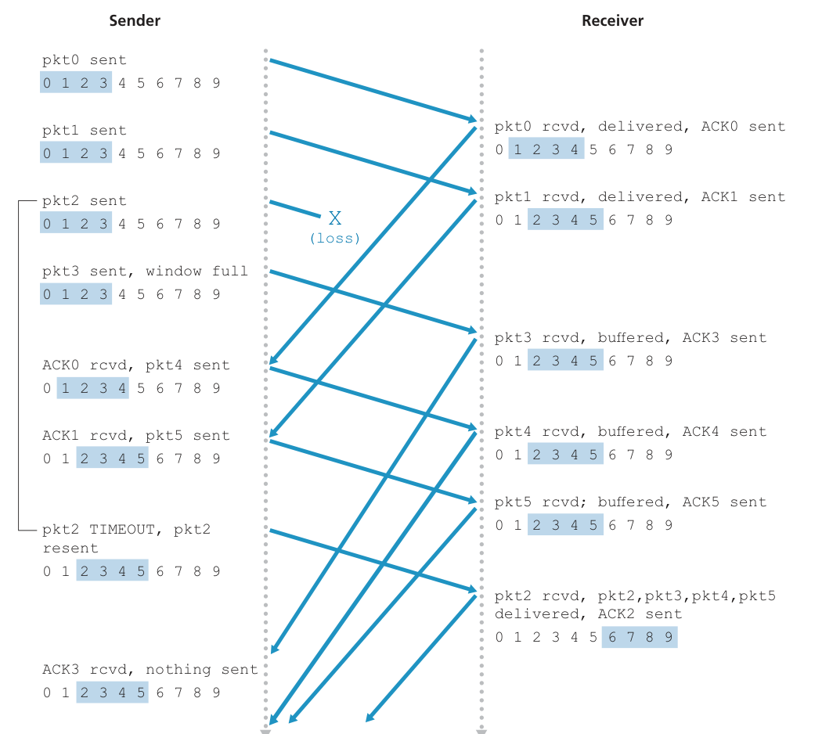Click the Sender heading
point(135,21)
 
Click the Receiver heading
point(612,21)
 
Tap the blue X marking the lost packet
point(335,218)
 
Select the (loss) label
point(335,238)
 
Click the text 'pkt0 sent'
point(85,60)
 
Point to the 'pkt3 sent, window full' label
point(145,272)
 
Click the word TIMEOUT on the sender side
point(121,530)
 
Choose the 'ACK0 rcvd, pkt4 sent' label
point(136,365)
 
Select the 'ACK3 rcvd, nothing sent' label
point(150,670)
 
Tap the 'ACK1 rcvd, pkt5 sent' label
point(136,436)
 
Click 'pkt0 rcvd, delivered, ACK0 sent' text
point(640,127)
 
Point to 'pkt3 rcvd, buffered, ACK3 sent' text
point(630,338)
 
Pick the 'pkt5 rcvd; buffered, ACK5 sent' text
point(630,502)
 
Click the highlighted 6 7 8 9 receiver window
point(640,637)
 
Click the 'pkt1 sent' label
point(85,131)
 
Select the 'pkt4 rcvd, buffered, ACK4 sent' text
point(630,432)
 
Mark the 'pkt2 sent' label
point(85,201)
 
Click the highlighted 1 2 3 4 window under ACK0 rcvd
point(93,388)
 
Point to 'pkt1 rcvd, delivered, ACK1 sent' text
point(640,197)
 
